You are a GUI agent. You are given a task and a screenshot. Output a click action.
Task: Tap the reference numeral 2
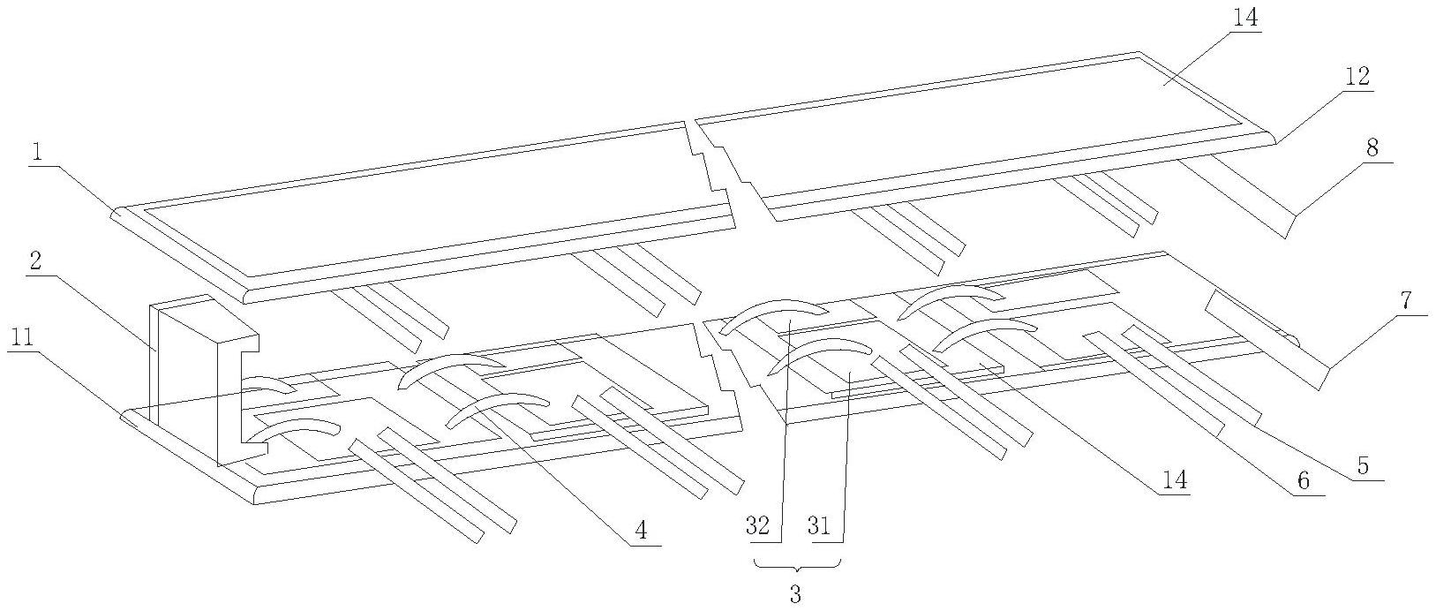(x=37, y=262)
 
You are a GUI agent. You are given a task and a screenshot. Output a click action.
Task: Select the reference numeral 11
(x=22, y=338)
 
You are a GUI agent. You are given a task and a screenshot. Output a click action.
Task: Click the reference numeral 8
(x=1372, y=148)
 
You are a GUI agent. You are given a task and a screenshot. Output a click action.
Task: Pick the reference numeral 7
(x=1406, y=300)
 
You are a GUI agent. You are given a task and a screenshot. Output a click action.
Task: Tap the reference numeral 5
(x=1363, y=466)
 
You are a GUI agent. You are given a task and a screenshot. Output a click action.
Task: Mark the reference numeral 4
(x=641, y=530)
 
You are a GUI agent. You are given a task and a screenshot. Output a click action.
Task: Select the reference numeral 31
(x=819, y=526)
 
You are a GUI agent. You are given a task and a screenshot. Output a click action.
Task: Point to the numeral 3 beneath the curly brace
(x=795, y=594)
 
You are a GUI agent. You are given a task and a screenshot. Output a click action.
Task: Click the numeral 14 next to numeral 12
(x=1245, y=18)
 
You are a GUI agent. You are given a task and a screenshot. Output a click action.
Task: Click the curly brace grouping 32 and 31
(x=798, y=564)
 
